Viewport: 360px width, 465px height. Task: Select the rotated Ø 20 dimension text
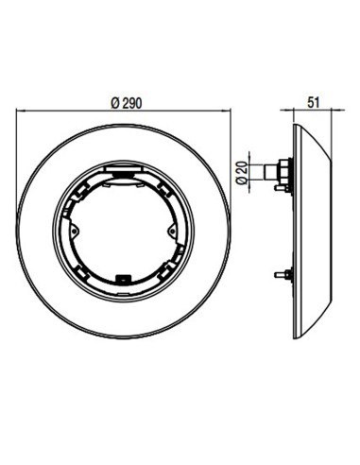241,172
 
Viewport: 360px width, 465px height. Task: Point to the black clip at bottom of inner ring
121,277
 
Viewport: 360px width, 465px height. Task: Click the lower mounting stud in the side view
282,275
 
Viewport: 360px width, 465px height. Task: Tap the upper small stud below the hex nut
281,187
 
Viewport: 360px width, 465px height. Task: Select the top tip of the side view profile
296,123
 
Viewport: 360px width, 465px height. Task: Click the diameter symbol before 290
112,103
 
